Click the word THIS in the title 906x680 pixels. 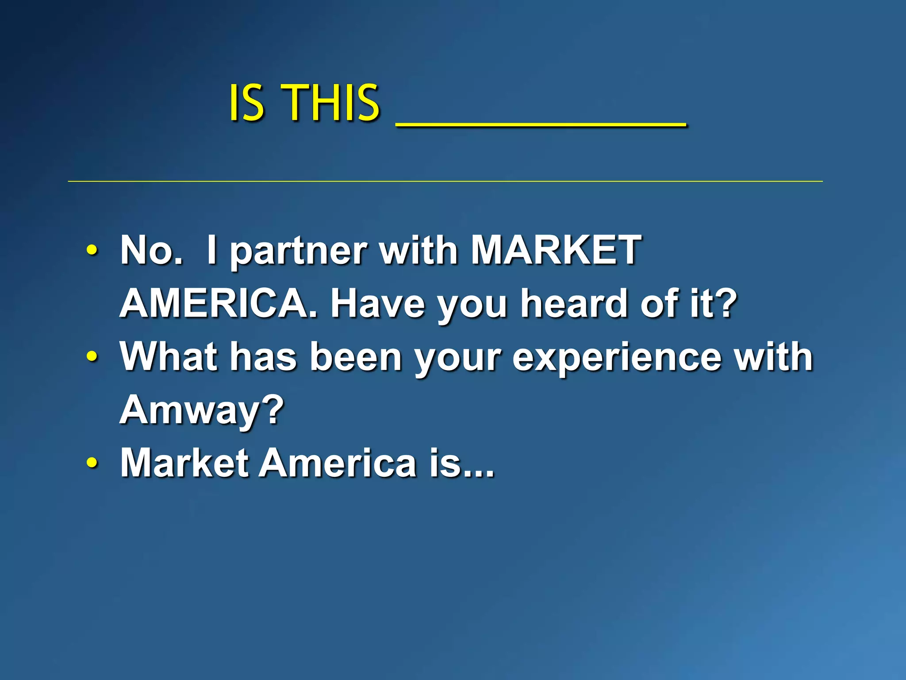pyautogui.click(x=330, y=103)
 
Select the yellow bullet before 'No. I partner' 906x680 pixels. pyautogui.click(x=92, y=250)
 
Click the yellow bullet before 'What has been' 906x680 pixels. pyautogui.click(x=92, y=356)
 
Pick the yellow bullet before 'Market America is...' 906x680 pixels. pyautogui.click(x=92, y=463)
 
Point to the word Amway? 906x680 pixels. pyautogui.click(x=202, y=410)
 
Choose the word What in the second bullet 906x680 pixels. pyautogui.click(x=169, y=356)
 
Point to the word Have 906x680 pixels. pyautogui.click(x=377, y=303)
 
